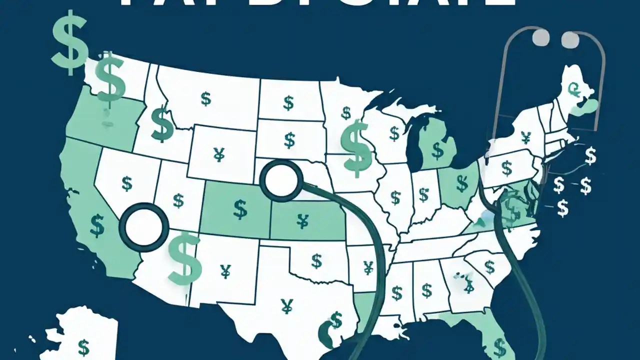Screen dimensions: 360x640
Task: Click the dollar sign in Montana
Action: (x=206, y=98)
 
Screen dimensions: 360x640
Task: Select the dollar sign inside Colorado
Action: (x=240, y=209)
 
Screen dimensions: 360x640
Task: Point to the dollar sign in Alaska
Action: (x=83, y=345)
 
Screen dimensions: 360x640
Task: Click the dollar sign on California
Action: (x=97, y=225)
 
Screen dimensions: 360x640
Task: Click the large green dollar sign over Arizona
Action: (x=185, y=257)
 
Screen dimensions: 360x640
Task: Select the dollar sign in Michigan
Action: (x=438, y=149)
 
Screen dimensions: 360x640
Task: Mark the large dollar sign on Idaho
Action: (x=162, y=124)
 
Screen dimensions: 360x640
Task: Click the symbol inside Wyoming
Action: (x=218, y=155)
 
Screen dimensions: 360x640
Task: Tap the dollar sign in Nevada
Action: (x=127, y=184)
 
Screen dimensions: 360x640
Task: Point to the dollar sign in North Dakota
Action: (x=288, y=103)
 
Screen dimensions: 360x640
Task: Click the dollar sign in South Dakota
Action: (x=289, y=140)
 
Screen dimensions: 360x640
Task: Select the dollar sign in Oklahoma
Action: (x=316, y=260)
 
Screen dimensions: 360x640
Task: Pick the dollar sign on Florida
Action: (x=499, y=345)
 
